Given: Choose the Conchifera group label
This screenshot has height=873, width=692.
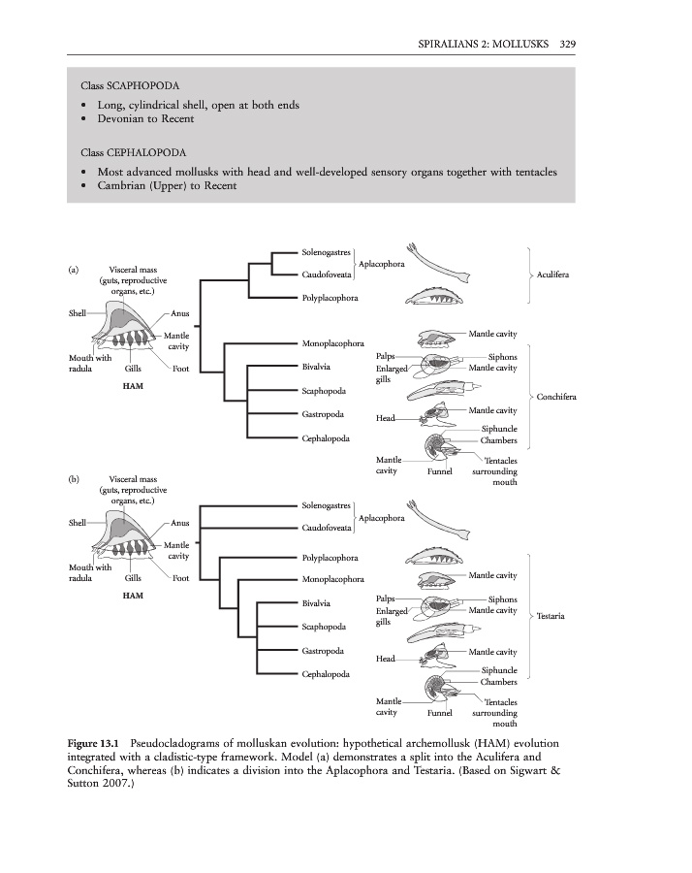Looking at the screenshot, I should click(556, 397).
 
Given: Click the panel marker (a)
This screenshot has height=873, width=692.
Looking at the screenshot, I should click(74, 270).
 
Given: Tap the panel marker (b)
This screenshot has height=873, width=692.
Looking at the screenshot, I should click(74, 479).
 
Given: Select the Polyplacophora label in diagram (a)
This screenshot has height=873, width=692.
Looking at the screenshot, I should click(330, 298).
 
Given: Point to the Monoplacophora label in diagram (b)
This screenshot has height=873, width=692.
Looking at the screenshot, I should click(332, 579).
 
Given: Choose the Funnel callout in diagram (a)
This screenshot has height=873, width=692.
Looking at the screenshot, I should click(440, 471).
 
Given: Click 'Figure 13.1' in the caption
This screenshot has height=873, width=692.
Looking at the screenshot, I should click(96, 742).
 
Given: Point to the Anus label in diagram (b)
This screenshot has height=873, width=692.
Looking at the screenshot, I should click(181, 525).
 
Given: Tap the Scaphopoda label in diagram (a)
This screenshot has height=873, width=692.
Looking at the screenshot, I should click(324, 391).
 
